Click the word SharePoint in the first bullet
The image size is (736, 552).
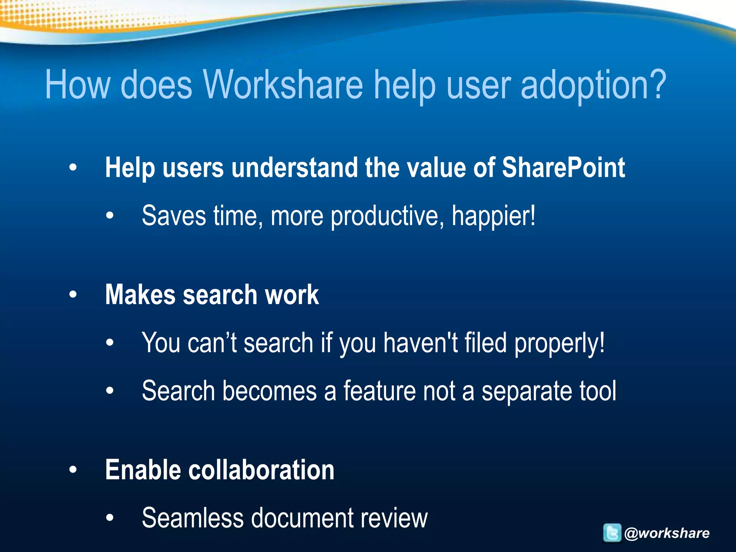click(x=563, y=168)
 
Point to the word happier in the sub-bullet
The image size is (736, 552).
click(x=493, y=216)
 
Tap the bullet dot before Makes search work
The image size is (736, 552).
click(x=73, y=295)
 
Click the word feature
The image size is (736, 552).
click(x=379, y=391)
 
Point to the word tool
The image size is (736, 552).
click(x=598, y=391)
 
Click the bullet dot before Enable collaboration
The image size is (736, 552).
click(x=73, y=470)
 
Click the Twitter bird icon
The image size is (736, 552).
click(x=612, y=533)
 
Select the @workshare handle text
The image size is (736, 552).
click(x=667, y=533)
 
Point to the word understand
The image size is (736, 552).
click(x=295, y=168)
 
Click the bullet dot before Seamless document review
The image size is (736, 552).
click(x=110, y=518)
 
